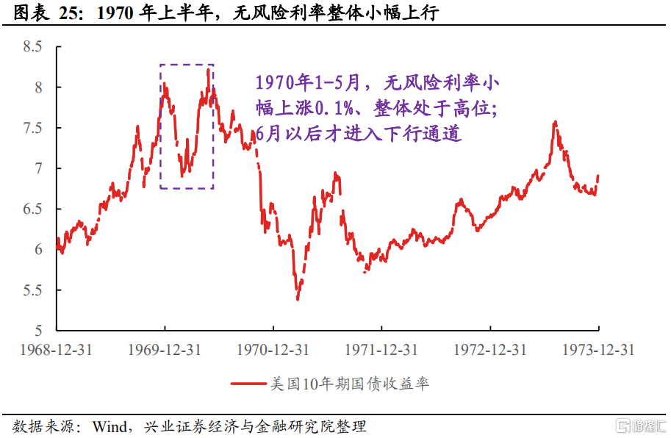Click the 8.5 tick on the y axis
(34, 47)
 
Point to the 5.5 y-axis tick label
(34, 290)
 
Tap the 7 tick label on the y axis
(39, 169)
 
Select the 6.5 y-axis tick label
(34, 209)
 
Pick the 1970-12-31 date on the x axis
(273, 350)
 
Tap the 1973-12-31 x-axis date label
(598, 350)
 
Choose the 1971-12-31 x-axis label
(381, 350)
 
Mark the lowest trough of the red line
(298, 299)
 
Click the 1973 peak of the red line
(555, 122)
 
